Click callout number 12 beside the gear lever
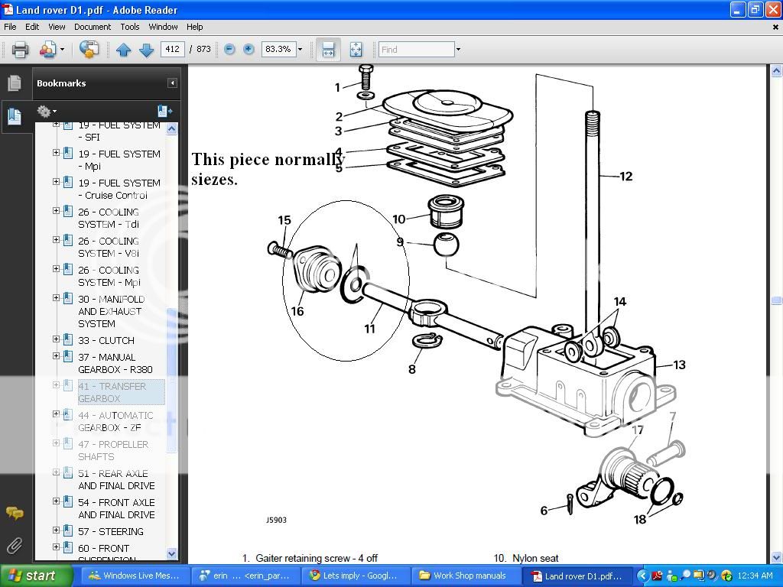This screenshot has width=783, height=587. pyautogui.click(x=625, y=177)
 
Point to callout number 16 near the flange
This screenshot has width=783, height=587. pyautogui.click(x=297, y=311)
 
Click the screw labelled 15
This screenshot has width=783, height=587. pyautogui.click(x=279, y=248)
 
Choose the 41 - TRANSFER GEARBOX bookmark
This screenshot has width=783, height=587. pyautogui.click(x=112, y=392)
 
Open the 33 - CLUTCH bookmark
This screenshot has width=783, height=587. pyautogui.click(x=106, y=340)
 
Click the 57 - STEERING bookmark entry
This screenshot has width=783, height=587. pyautogui.click(x=110, y=531)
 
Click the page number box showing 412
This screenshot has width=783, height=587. pyautogui.click(x=172, y=49)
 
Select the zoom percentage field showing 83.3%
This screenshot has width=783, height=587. pyautogui.click(x=277, y=49)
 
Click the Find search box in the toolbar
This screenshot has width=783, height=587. pyautogui.click(x=416, y=49)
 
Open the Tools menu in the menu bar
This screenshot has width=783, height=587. pyautogui.click(x=130, y=27)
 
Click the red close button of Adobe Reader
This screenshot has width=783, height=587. pyautogui.click(x=772, y=9)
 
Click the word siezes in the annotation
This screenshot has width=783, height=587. pyautogui.click(x=214, y=180)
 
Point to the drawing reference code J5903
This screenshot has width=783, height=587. pyautogui.click(x=276, y=520)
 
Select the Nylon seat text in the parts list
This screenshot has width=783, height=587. pyautogui.click(x=535, y=559)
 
